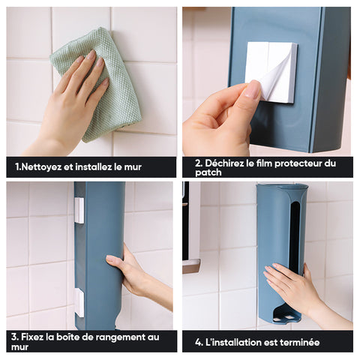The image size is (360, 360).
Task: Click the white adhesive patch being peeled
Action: point(271,72)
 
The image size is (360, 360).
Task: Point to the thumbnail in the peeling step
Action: point(253,91)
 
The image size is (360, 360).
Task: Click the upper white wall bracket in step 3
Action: point(79,211)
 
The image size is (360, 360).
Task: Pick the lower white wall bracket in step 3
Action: point(79,302)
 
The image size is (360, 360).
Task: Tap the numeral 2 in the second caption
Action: point(198,163)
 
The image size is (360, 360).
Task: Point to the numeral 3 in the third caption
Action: point(14,337)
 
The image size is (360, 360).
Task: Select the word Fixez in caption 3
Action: point(32,337)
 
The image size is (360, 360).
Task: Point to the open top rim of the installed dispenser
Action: point(283,187)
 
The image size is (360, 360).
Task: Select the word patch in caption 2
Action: point(208,172)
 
